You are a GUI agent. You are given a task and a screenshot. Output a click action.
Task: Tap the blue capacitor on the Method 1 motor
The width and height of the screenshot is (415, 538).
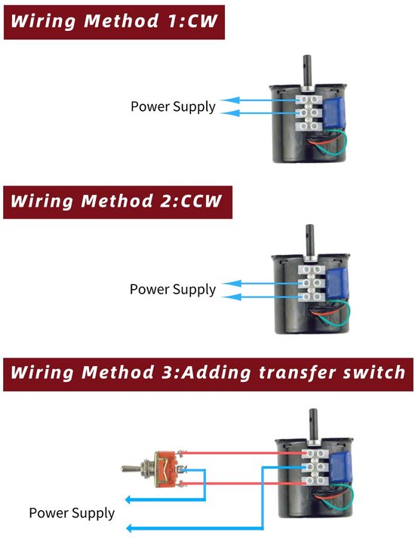click(x=335, y=112)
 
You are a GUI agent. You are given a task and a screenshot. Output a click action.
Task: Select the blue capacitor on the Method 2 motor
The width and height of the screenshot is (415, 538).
click(x=337, y=284)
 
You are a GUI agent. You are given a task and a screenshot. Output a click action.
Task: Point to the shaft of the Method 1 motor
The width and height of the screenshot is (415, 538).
click(x=307, y=71)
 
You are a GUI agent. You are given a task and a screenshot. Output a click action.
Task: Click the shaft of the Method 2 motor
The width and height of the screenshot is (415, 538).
click(x=310, y=240)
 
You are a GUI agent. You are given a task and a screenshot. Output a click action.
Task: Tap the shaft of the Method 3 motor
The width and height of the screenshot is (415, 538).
click(x=313, y=424)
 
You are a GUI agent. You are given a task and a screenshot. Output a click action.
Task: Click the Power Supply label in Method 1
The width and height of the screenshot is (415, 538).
click(x=174, y=106)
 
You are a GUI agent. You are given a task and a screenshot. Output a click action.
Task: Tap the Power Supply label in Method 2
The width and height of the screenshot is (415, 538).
click(x=173, y=290)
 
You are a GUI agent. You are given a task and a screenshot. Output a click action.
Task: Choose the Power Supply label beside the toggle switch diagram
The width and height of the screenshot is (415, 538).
click(x=72, y=513)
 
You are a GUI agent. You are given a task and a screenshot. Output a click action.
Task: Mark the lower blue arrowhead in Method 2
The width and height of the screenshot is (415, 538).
click(x=232, y=297)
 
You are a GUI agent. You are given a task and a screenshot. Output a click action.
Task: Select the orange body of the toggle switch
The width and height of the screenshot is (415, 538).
click(x=166, y=469)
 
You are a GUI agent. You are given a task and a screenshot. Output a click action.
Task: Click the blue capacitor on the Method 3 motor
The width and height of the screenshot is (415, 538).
click(x=340, y=467)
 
